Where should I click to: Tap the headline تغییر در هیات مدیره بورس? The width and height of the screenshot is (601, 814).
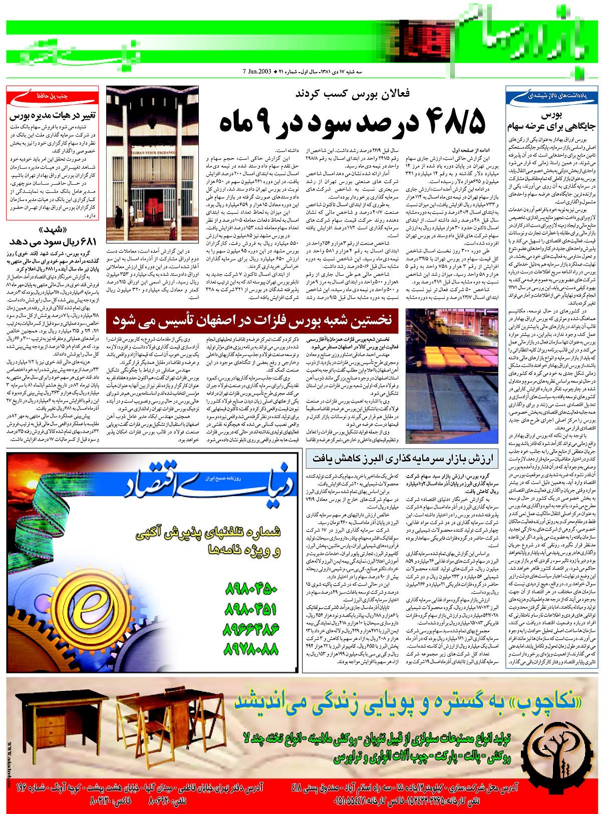(x=52, y=116)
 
